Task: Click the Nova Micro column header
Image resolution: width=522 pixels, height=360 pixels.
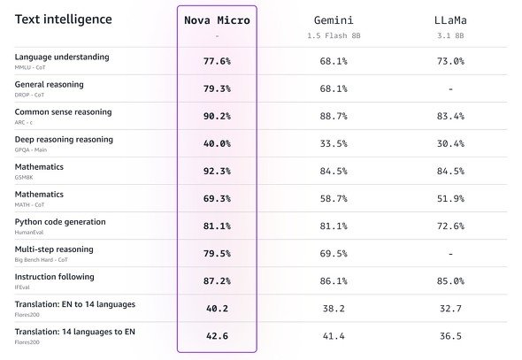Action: coord(217,20)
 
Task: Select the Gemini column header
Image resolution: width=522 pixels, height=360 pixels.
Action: coord(334,20)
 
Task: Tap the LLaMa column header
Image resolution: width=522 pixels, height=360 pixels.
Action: coord(450,20)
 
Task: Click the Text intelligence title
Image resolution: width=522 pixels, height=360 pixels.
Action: coord(63,19)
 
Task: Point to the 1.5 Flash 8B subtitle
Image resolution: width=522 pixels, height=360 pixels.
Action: coord(334,35)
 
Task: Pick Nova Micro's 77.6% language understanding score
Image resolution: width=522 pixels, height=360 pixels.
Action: coord(217,61)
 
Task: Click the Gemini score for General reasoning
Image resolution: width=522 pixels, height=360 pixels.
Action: coord(334,88)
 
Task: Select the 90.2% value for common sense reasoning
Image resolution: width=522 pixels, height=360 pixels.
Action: coord(217,116)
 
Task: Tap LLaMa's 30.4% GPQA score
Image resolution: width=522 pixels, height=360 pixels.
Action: coord(450,143)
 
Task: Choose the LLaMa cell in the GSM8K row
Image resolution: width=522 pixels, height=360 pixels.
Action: coord(450,171)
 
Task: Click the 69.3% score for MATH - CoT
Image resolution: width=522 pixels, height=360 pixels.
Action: coord(217,199)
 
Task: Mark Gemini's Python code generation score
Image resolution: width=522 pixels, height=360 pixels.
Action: coord(334,226)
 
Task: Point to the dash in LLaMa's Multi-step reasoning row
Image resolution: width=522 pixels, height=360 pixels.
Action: coord(450,254)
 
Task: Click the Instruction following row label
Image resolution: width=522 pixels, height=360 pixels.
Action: coord(54,277)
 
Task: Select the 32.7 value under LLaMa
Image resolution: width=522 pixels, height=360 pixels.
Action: coord(450,309)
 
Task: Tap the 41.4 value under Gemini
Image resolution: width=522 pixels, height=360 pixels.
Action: coord(334,336)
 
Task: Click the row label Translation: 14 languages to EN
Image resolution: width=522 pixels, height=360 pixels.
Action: coord(75,332)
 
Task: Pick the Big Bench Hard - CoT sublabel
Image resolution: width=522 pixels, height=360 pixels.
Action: coord(41,259)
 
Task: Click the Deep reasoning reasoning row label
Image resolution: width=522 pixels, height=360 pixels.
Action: coord(64,140)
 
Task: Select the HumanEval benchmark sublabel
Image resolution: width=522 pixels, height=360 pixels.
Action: coord(29,233)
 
